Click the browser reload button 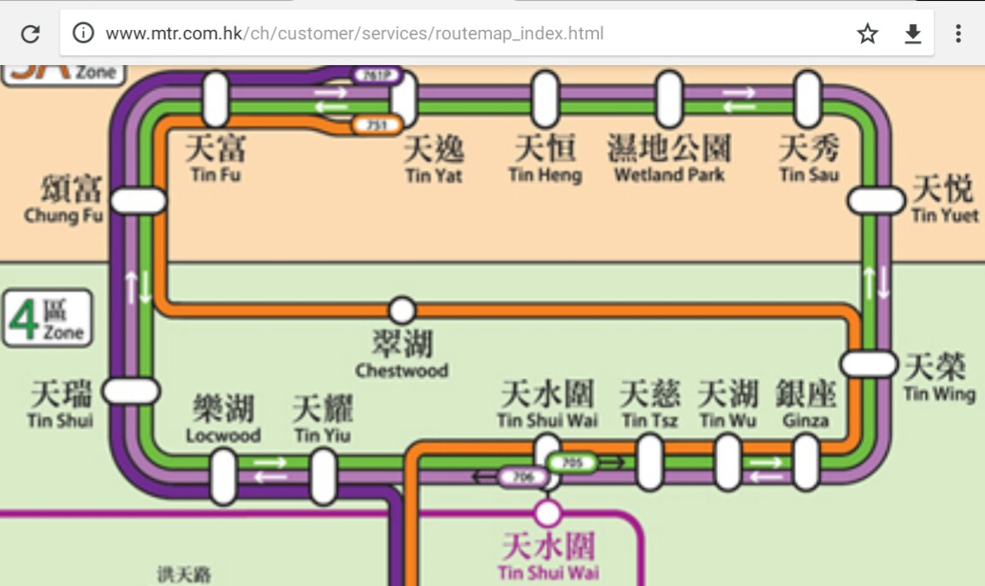tap(31, 33)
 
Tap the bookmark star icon tap(868, 33)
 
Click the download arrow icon tap(913, 33)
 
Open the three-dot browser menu tap(958, 33)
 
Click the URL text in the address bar tap(354, 34)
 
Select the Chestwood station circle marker tap(401, 310)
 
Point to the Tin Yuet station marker tap(875, 201)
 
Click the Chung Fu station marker tap(139, 201)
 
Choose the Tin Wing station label tap(939, 377)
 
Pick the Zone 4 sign tap(47, 317)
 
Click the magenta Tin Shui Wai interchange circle tap(548, 513)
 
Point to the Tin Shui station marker tap(131, 391)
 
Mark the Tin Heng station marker tap(545, 99)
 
